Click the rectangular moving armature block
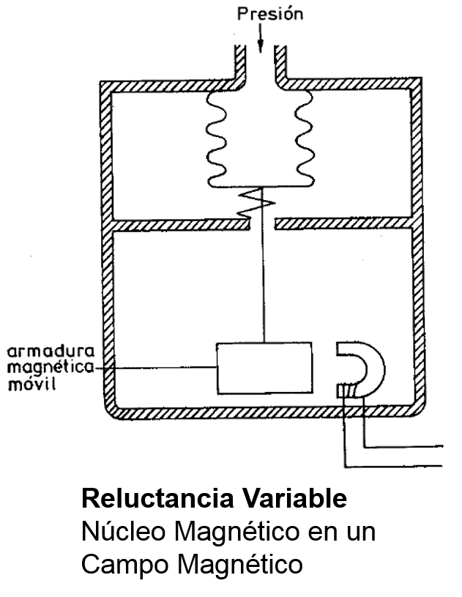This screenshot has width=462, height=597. [263, 368]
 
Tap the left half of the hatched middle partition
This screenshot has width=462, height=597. [176, 221]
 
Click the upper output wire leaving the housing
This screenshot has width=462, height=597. [410, 445]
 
